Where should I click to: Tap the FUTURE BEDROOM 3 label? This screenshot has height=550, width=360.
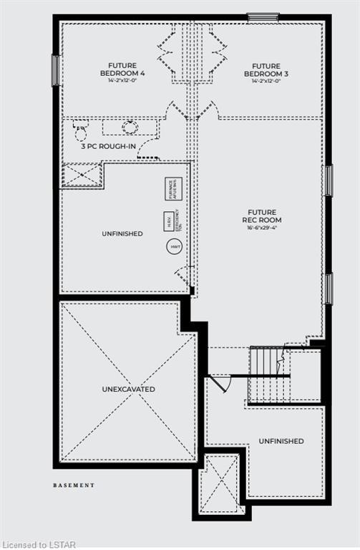(x=262, y=69)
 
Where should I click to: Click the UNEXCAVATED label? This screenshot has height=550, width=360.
(x=128, y=389)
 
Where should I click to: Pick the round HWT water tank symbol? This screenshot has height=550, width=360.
(x=174, y=247)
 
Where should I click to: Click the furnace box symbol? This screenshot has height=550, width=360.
(x=172, y=188)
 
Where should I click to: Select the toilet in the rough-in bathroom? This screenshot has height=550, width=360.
(x=80, y=130)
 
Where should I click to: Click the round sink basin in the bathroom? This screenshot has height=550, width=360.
(x=130, y=127)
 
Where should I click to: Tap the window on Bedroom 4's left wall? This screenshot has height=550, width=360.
(x=56, y=70)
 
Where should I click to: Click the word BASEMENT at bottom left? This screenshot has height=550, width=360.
(x=73, y=485)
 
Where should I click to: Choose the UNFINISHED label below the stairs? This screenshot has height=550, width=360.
(x=281, y=440)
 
